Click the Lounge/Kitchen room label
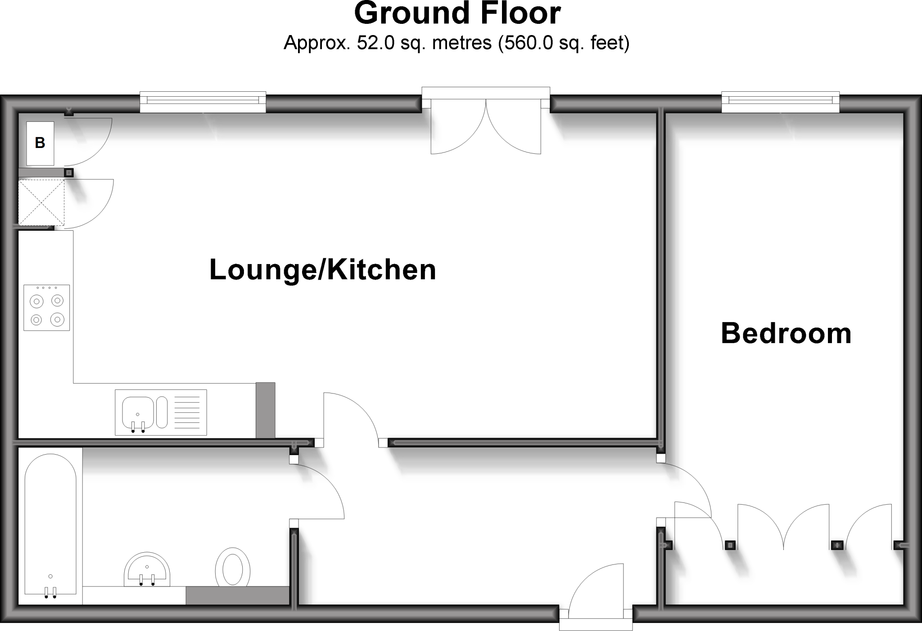pos(323,270)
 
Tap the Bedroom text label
pos(786,334)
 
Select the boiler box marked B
pos(40,143)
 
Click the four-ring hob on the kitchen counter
pos(47,308)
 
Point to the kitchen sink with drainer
pos(161,412)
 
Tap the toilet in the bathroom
pos(232,567)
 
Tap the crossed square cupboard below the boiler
pos(41,202)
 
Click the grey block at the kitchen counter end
pos(265,410)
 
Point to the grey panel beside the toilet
pos(237,595)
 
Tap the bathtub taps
pos(50,593)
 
